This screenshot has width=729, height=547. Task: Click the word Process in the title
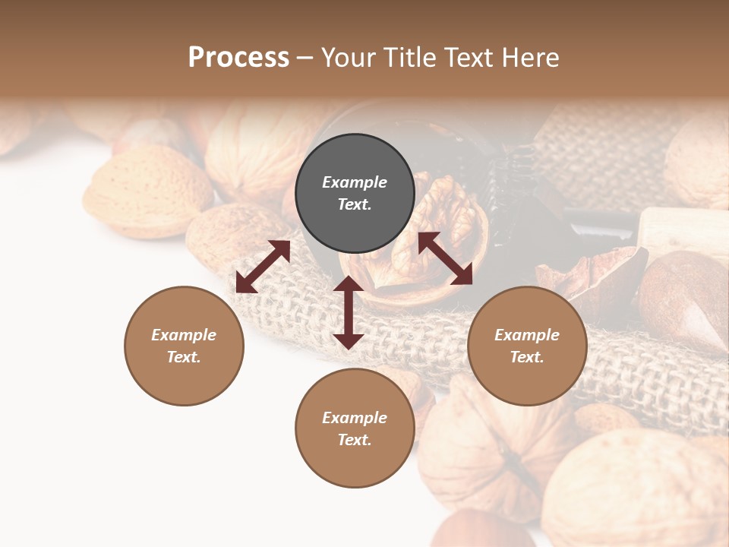(x=238, y=58)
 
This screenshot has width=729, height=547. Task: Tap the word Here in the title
(x=530, y=58)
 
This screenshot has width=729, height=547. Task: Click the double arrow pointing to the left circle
(x=263, y=267)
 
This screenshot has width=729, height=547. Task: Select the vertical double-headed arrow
(x=349, y=312)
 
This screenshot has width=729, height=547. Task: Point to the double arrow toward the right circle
(x=445, y=258)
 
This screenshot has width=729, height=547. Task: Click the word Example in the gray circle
(x=355, y=182)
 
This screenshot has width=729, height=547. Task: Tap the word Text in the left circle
(x=183, y=357)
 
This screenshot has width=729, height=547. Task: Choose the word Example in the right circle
(x=527, y=335)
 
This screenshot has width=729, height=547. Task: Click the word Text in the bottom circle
(x=354, y=440)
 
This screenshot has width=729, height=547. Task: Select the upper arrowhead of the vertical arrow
(x=349, y=285)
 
